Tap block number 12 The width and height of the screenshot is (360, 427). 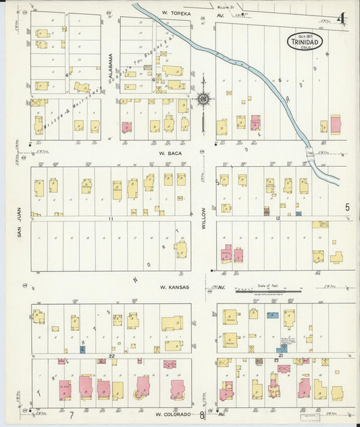pos(277,219)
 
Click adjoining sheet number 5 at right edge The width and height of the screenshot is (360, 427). pos(347,207)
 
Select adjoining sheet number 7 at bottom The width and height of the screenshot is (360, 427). pos(70,414)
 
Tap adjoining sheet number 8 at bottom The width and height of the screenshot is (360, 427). pos(201,414)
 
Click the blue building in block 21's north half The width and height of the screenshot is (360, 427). pos(272,315)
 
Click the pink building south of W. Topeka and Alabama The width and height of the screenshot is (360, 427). pos(126,126)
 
